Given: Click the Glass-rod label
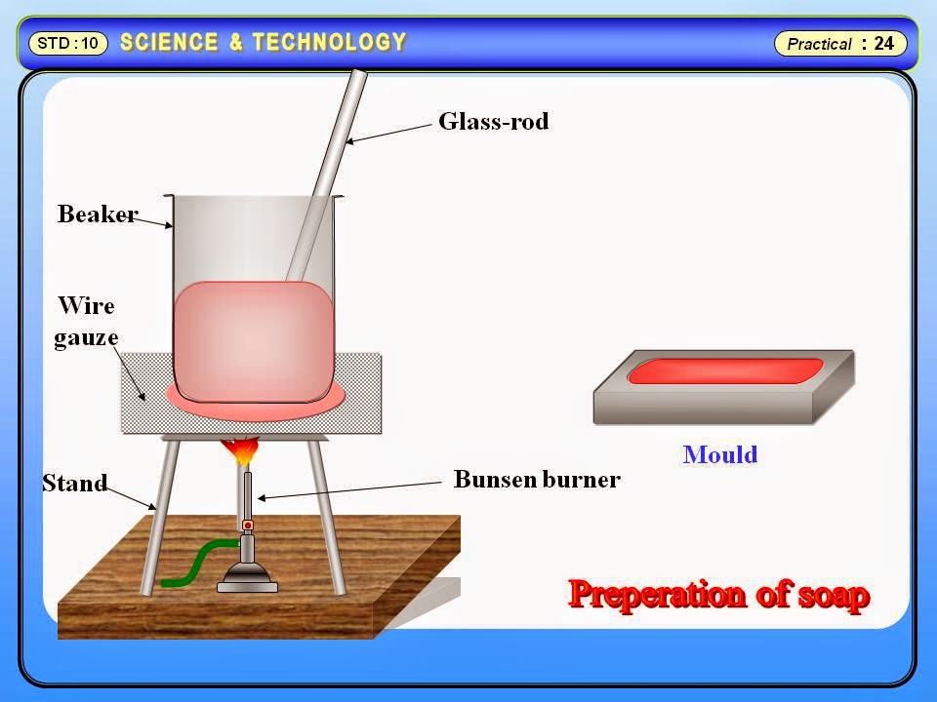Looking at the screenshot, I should (493, 122).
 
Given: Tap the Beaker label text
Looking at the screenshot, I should (97, 214).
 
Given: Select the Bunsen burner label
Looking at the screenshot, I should (537, 480).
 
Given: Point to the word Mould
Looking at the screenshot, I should (720, 454).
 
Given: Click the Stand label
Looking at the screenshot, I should (74, 483).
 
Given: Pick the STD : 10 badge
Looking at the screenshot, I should (67, 43).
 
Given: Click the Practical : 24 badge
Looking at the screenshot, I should (840, 44).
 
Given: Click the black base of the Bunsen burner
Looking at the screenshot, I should (247, 582).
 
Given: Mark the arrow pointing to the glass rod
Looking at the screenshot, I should (390, 133).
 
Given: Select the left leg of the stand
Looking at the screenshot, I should (158, 517).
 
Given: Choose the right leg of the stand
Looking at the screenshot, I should (330, 517).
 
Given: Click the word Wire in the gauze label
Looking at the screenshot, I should (86, 306).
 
